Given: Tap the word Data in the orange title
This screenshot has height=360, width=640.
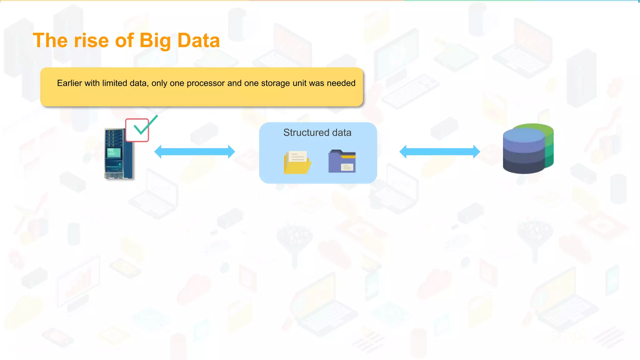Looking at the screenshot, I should [198, 41].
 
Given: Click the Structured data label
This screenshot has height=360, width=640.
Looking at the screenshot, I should [317, 132].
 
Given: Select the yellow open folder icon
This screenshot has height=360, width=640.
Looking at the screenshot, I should [297, 162].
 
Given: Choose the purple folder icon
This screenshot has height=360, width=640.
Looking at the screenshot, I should [342, 161].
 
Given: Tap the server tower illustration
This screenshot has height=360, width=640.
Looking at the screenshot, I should [118, 154].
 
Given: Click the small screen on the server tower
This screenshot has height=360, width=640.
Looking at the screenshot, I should [114, 152].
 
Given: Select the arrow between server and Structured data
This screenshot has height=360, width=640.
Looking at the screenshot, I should [194, 152].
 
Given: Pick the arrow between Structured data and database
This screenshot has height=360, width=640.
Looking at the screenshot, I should [439, 152].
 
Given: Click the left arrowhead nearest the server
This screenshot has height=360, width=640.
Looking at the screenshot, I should [158, 152].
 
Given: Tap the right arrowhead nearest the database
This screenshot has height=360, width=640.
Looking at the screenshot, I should [476, 152].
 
